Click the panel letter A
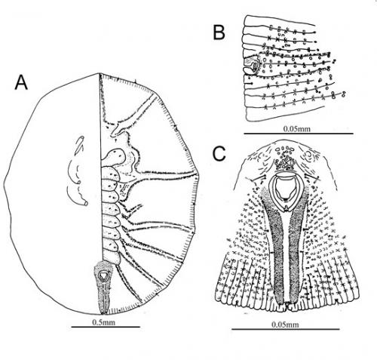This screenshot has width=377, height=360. click(x=21, y=83)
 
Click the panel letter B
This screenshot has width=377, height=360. click(x=219, y=32)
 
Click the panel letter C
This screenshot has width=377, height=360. click(x=219, y=153)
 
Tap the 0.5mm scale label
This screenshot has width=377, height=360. click(x=103, y=322)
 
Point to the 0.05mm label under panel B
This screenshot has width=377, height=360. click(x=297, y=129)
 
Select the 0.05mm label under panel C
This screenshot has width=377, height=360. click(x=285, y=325)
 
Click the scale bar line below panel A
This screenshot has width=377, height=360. click(x=106, y=327)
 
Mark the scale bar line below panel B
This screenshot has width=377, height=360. click(x=299, y=134)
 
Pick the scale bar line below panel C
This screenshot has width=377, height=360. click(x=286, y=329)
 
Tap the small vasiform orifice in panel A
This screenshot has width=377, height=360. click(x=103, y=275)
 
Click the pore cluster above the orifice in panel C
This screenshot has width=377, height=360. click(x=286, y=158)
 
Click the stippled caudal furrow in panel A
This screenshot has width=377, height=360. click(x=103, y=287)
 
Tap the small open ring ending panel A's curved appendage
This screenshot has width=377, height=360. click(x=86, y=203)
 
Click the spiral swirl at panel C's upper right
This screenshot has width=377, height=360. click(x=309, y=155)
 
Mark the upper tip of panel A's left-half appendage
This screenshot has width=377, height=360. click(x=81, y=137)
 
